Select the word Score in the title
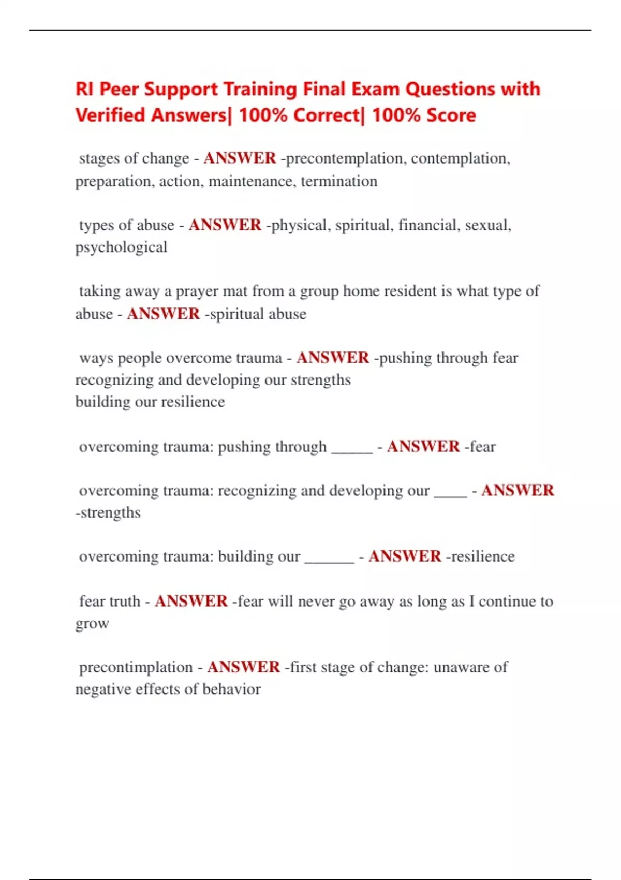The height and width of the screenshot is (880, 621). click(x=449, y=115)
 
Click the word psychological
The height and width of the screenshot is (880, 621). click(x=121, y=247)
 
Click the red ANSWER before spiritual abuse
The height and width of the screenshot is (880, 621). click(x=164, y=314)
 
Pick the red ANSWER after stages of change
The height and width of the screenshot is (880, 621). click(x=240, y=158)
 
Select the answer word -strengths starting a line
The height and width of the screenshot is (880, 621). click(x=108, y=513)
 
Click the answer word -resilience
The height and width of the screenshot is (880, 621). click(x=480, y=556)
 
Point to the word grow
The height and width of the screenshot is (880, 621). click(x=92, y=624)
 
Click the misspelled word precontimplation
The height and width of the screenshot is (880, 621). click(x=136, y=667)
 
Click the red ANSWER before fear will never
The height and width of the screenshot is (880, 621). click(x=191, y=602)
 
